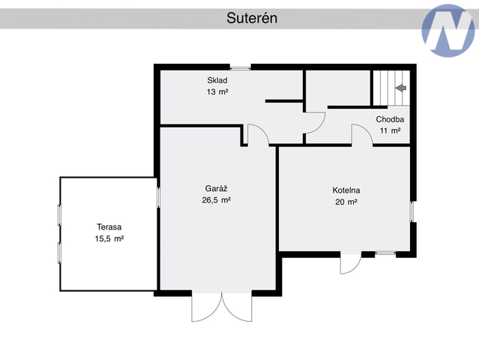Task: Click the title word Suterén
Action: pyautogui.click(x=252, y=18)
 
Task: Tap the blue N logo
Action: pyautogui.click(x=448, y=31)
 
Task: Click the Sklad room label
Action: pyautogui.click(x=217, y=80)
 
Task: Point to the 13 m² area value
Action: pyautogui.click(x=217, y=91)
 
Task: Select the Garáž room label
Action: pyautogui.click(x=217, y=188)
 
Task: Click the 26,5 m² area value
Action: pyautogui.click(x=217, y=200)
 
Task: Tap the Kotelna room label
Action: pyautogui.click(x=346, y=190)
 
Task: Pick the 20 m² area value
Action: pyautogui.click(x=346, y=202)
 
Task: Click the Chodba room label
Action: pyautogui.click(x=390, y=119)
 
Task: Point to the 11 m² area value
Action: pyautogui.click(x=390, y=130)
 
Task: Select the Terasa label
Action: pyautogui.click(x=109, y=227)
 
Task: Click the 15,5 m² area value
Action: pyautogui.click(x=109, y=238)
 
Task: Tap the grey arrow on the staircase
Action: pyautogui.click(x=401, y=88)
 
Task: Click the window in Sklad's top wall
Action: pyautogui.click(x=241, y=67)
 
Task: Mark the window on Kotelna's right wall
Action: pyautogui.click(x=412, y=211)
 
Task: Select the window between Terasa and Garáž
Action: pyautogui.click(x=158, y=197)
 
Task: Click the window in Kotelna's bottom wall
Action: pyautogui.click(x=385, y=253)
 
